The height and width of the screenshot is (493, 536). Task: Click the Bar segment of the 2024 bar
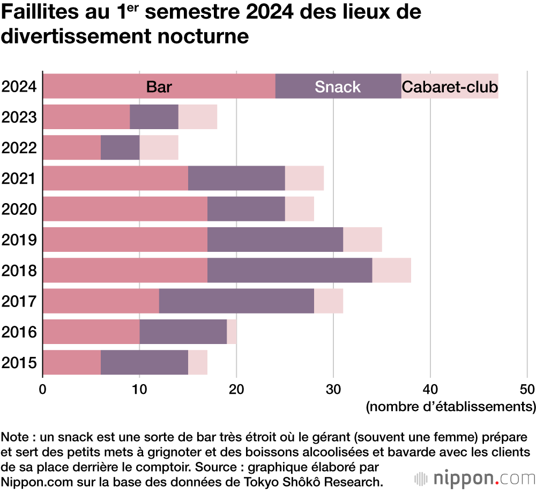coord(159,86)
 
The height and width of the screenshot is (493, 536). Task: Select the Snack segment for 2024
coord(338,86)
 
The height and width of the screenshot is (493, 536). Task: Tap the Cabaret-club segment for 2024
coord(450,86)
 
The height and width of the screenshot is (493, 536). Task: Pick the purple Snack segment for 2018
coord(289,270)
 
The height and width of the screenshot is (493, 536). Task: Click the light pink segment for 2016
coord(232,332)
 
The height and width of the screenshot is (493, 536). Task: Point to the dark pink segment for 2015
coord(71,362)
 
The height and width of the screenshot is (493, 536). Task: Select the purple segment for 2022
coord(120,147)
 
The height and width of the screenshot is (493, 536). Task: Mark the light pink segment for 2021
coord(304,178)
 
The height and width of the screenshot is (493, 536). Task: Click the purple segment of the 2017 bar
coord(236,301)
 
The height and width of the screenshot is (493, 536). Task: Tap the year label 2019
coord(19,240)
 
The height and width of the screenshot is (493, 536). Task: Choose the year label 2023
coord(19,117)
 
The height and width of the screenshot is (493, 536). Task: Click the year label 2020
coord(19,209)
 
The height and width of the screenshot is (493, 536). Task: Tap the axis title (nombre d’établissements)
coord(450,406)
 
